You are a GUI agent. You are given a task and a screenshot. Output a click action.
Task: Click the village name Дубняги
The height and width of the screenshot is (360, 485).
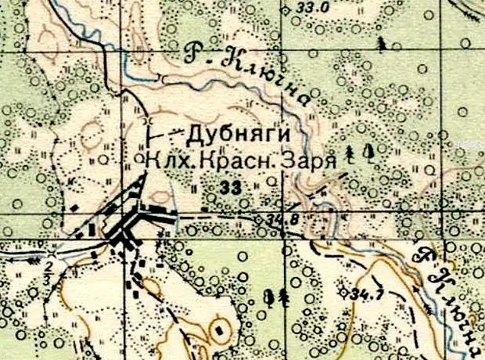[x=225, y=133]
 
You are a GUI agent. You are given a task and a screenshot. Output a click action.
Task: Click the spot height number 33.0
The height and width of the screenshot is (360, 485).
[x=314, y=8]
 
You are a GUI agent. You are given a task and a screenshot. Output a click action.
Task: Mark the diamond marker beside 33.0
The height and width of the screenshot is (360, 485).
[x=288, y=9]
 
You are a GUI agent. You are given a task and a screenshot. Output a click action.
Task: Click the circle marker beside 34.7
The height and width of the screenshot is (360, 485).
[x=343, y=291]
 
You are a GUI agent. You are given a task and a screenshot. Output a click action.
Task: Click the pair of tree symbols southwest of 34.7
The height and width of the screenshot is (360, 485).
[x=276, y=297]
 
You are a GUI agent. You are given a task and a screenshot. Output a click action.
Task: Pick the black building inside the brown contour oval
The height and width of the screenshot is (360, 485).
[x=220, y=329]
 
